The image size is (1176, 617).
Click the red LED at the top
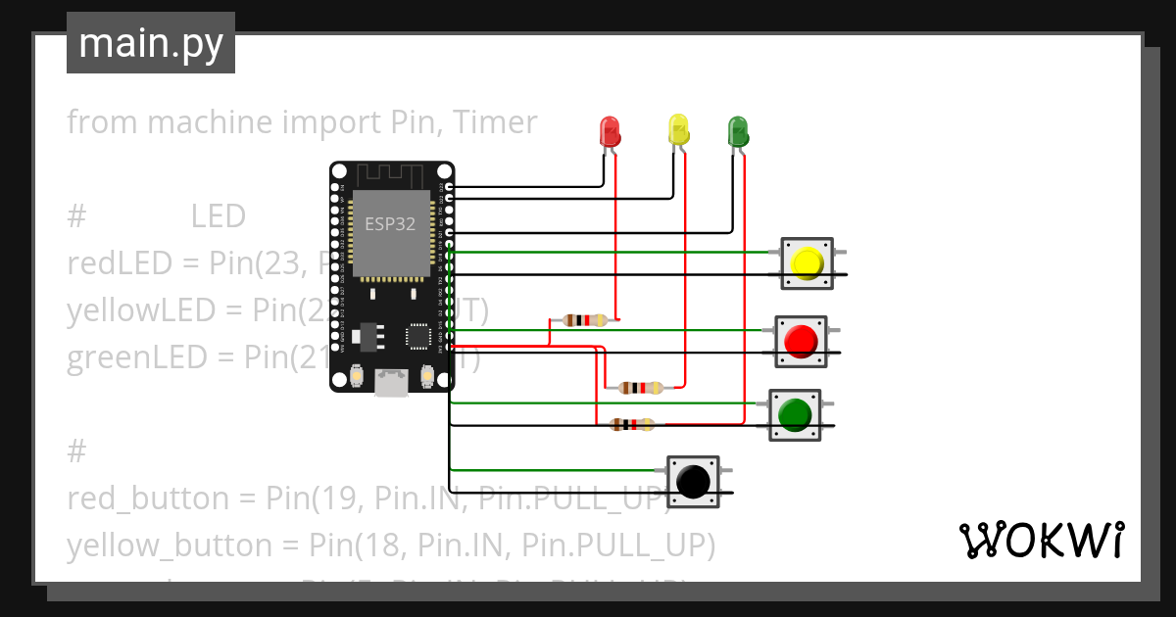click(610, 130)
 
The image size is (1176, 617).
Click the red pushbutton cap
click(801, 341)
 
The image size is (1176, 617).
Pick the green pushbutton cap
click(794, 414)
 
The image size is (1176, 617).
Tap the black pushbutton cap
click(693, 482)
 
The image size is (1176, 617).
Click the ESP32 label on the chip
click(390, 223)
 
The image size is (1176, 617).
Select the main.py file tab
click(150, 43)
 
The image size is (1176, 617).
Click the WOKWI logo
click(1041, 540)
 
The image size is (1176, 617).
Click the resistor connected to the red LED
click(586, 320)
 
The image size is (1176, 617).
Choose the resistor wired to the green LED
click(631, 424)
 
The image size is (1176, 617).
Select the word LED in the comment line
click(218, 216)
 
